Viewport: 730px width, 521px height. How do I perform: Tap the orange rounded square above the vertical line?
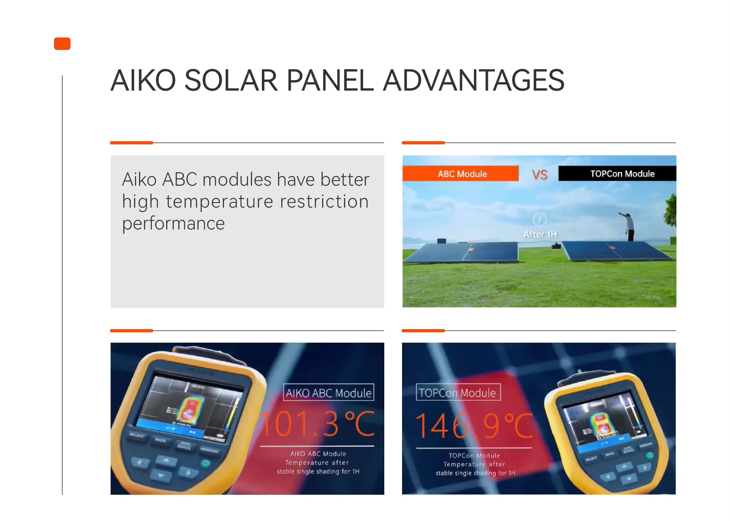(x=62, y=43)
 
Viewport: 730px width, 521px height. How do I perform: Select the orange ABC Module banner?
(x=460, y=174)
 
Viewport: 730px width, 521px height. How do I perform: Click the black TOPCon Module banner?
(x=616, y=174)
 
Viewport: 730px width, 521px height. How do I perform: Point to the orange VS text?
(x=539, y=175)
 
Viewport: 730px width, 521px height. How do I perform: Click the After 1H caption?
(x=540, y=234)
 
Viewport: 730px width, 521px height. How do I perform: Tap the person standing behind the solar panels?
(x=629, y=227)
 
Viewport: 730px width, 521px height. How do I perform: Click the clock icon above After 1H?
(x=539, y=219)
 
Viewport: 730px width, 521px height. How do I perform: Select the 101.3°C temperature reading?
(x=317, y=424)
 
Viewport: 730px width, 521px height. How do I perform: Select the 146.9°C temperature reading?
(x=474, y=426)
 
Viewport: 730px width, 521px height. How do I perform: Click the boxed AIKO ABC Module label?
(x=328, y=393)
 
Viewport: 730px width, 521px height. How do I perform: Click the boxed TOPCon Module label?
(x=458, y=392)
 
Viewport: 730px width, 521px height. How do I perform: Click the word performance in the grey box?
(x=173, y=224)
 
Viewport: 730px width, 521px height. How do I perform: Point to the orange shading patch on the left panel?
(x=471, y=249)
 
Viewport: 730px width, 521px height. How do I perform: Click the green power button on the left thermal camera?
(x=205, y=463)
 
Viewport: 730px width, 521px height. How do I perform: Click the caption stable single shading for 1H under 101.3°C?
(x=318, y=471)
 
